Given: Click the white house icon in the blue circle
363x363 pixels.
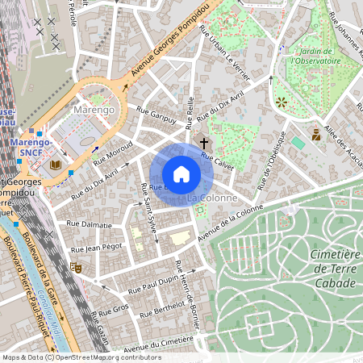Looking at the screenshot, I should [181, 174].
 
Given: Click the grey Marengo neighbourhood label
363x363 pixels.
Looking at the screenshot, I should [95, 108].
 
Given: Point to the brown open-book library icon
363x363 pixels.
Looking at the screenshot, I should [55, 165].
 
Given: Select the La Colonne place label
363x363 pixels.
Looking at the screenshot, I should [212, 197].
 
